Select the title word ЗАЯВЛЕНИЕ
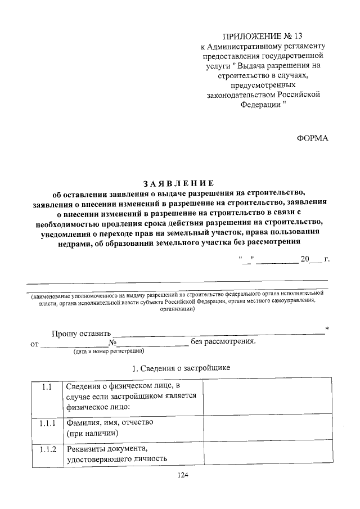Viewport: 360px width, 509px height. [178, 183]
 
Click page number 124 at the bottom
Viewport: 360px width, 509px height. [182, 475]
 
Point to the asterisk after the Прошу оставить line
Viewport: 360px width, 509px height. [327, 328]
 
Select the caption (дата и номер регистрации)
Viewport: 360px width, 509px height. [109, 352]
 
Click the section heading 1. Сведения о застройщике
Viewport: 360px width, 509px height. [181, 368]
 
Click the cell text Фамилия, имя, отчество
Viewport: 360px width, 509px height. [110, 422]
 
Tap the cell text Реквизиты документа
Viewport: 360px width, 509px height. [106, 448]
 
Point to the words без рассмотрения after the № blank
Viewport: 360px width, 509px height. [223, 341]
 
